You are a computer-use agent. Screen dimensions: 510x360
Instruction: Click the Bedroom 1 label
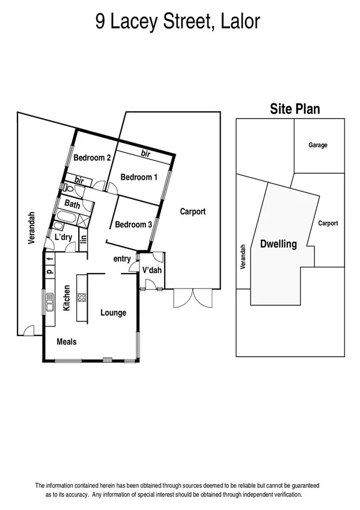(139, 177)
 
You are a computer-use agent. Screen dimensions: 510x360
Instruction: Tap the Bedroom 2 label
(92, 158)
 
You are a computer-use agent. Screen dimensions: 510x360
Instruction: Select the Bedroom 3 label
(133, 224)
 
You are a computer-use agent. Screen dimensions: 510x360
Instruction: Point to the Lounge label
(113, 312)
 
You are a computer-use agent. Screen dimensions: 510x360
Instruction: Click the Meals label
(66, 342)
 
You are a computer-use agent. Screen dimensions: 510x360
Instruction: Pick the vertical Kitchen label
(67, 298)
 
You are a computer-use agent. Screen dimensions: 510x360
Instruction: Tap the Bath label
(72, 204)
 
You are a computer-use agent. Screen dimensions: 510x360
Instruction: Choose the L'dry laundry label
(63, 238)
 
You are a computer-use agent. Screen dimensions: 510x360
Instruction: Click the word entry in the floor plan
(122, 259)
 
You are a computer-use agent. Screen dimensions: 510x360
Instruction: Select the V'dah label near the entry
(152, 271)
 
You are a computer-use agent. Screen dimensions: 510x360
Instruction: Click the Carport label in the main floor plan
(192, 211)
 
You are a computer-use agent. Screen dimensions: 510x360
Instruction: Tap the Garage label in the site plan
(318, 145)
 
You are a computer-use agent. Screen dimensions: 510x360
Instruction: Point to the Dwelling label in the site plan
(278, 244)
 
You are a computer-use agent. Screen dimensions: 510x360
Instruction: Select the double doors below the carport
(192, 297)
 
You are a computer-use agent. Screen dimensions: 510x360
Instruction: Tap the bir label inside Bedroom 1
(145, 154)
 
